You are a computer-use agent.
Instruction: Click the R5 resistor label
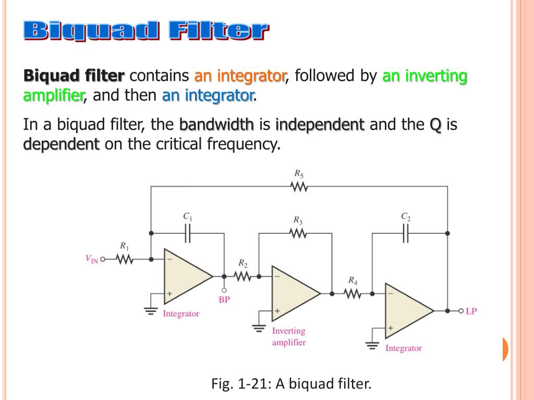[299, 174]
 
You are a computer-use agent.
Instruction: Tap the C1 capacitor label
[188, 216]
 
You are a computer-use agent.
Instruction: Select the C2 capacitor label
[405, 216]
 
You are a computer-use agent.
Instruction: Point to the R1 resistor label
[124, 245]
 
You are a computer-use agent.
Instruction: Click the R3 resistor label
[298, 220]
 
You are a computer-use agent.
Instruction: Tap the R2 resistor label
[243, 262]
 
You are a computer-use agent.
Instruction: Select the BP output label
[224, 299]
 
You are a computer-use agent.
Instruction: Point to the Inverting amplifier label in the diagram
[288, 336]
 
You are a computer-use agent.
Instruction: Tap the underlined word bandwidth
[216, 125]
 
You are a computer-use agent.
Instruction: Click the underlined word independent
[320, 125]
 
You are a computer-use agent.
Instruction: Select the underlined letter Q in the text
[435, 125]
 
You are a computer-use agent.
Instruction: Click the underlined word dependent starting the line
[62, 144]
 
